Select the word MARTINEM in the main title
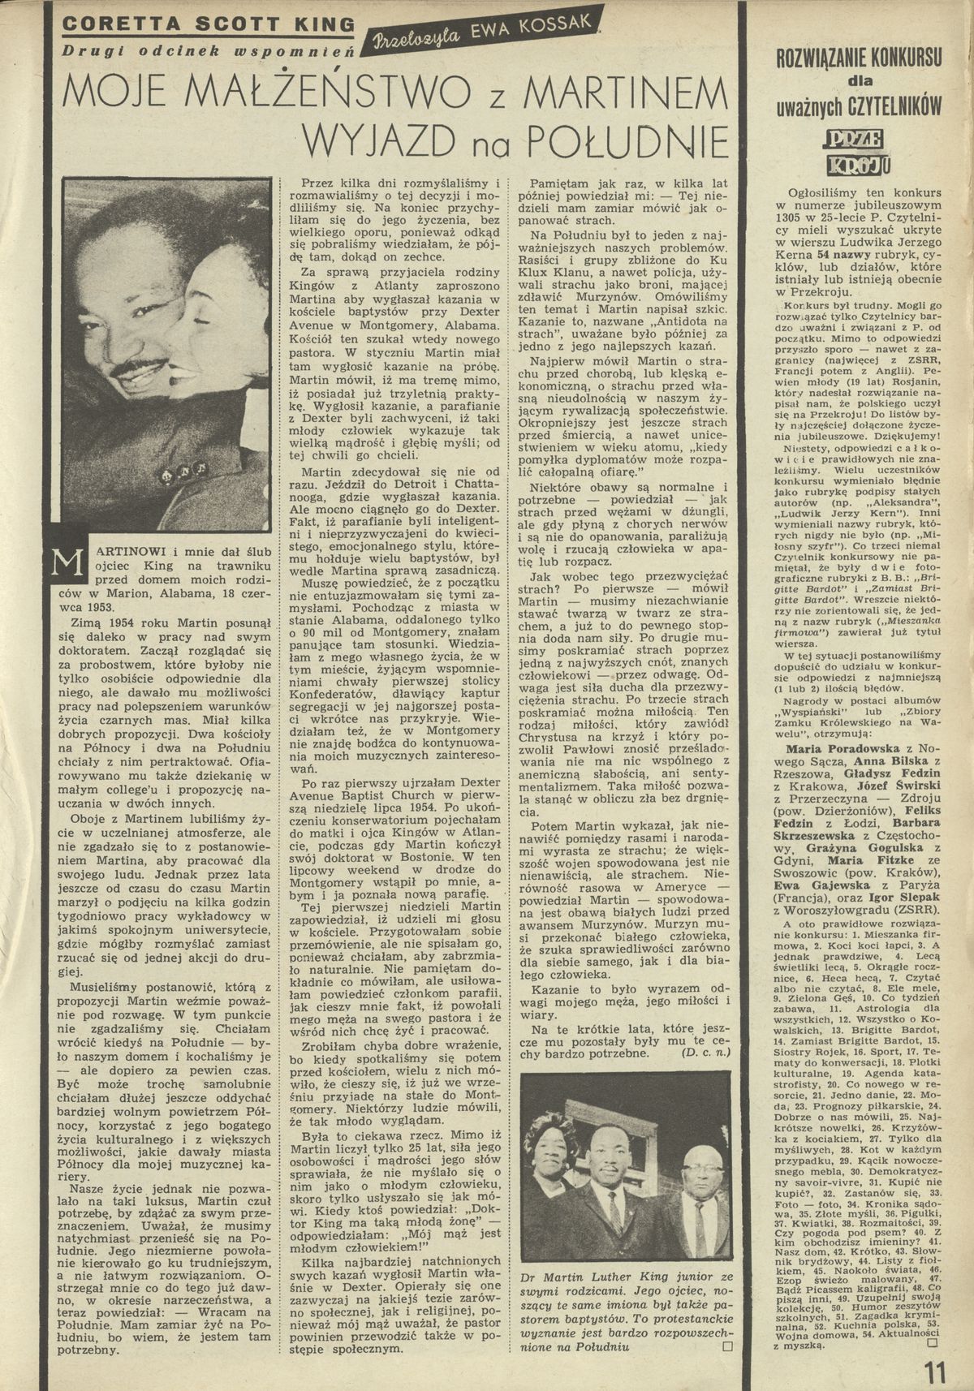[x=627, y=90]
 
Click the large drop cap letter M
[x=63, y=563]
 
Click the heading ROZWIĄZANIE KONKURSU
[x=860, y=58]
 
